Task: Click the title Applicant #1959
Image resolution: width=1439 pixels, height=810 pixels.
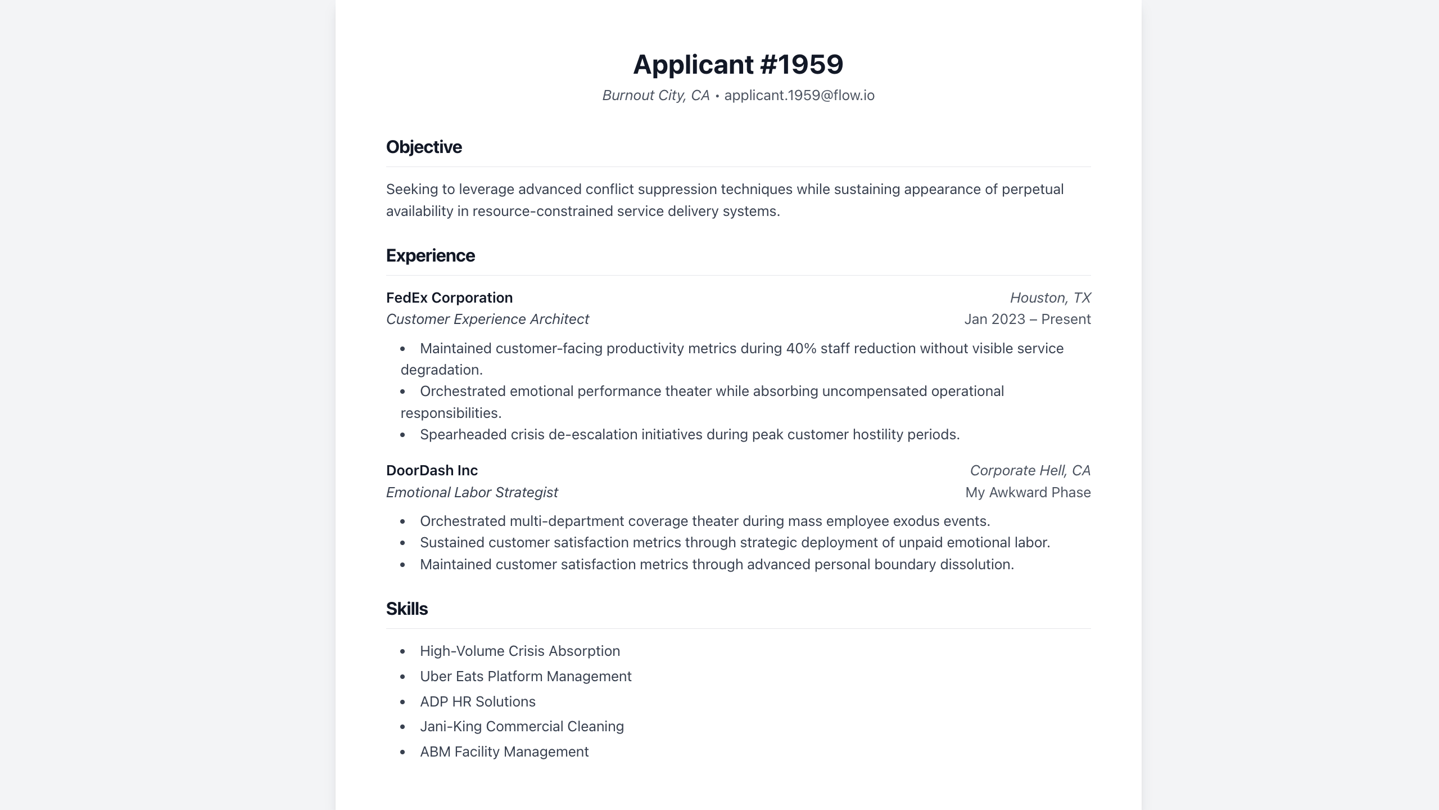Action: pyautogui.click(x=738, y=64)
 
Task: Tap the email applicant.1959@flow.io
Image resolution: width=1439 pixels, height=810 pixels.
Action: pyautogui.click(x=799, y=96)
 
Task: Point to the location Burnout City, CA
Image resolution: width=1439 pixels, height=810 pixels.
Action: pyautogui.click(x=655, y=96)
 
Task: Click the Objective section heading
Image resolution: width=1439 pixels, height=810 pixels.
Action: pyautogui.click(x=424, y=147)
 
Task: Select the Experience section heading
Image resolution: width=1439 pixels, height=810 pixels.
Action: pyautogui.click(x=430, y=255)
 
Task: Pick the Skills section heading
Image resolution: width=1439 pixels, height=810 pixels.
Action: pyautogui.click(x=406, y=609)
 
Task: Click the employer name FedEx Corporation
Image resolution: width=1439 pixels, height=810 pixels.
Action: pyautogui.click(x=449, y=298)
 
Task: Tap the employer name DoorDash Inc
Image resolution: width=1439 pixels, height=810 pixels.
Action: pyautogui.click(x=432, y=470)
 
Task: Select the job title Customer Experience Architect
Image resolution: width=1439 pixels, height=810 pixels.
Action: pyautogui.click(x=487, y=319)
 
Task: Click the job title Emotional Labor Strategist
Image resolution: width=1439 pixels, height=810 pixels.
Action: pyautogui.click(x=472, y=492)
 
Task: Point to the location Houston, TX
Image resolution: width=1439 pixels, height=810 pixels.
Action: pyautogui.click(x=1050, y=298)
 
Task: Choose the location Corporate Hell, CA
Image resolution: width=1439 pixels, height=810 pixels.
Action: pyautogui.click(x=1030, y=470)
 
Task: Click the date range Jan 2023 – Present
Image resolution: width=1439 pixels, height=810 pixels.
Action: pyautogui.click(x=1027, y=319)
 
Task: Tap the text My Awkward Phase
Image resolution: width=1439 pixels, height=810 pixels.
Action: pyautogui.click(x=1028, y=492)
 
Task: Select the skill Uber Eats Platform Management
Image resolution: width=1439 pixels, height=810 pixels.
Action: pyautogui.click(x=526, y=676)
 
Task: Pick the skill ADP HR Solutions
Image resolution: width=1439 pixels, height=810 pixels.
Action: pyautogui.click(x=477, y=701)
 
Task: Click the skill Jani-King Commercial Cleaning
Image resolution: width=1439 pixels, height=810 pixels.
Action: pyautogui.click(x=522, y=726)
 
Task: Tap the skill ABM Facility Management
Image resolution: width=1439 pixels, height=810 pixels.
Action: pyautogui.click(x=504, y=751)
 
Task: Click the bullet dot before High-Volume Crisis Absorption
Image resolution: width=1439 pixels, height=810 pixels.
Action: pyautogui.click(x=402, y=651)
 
